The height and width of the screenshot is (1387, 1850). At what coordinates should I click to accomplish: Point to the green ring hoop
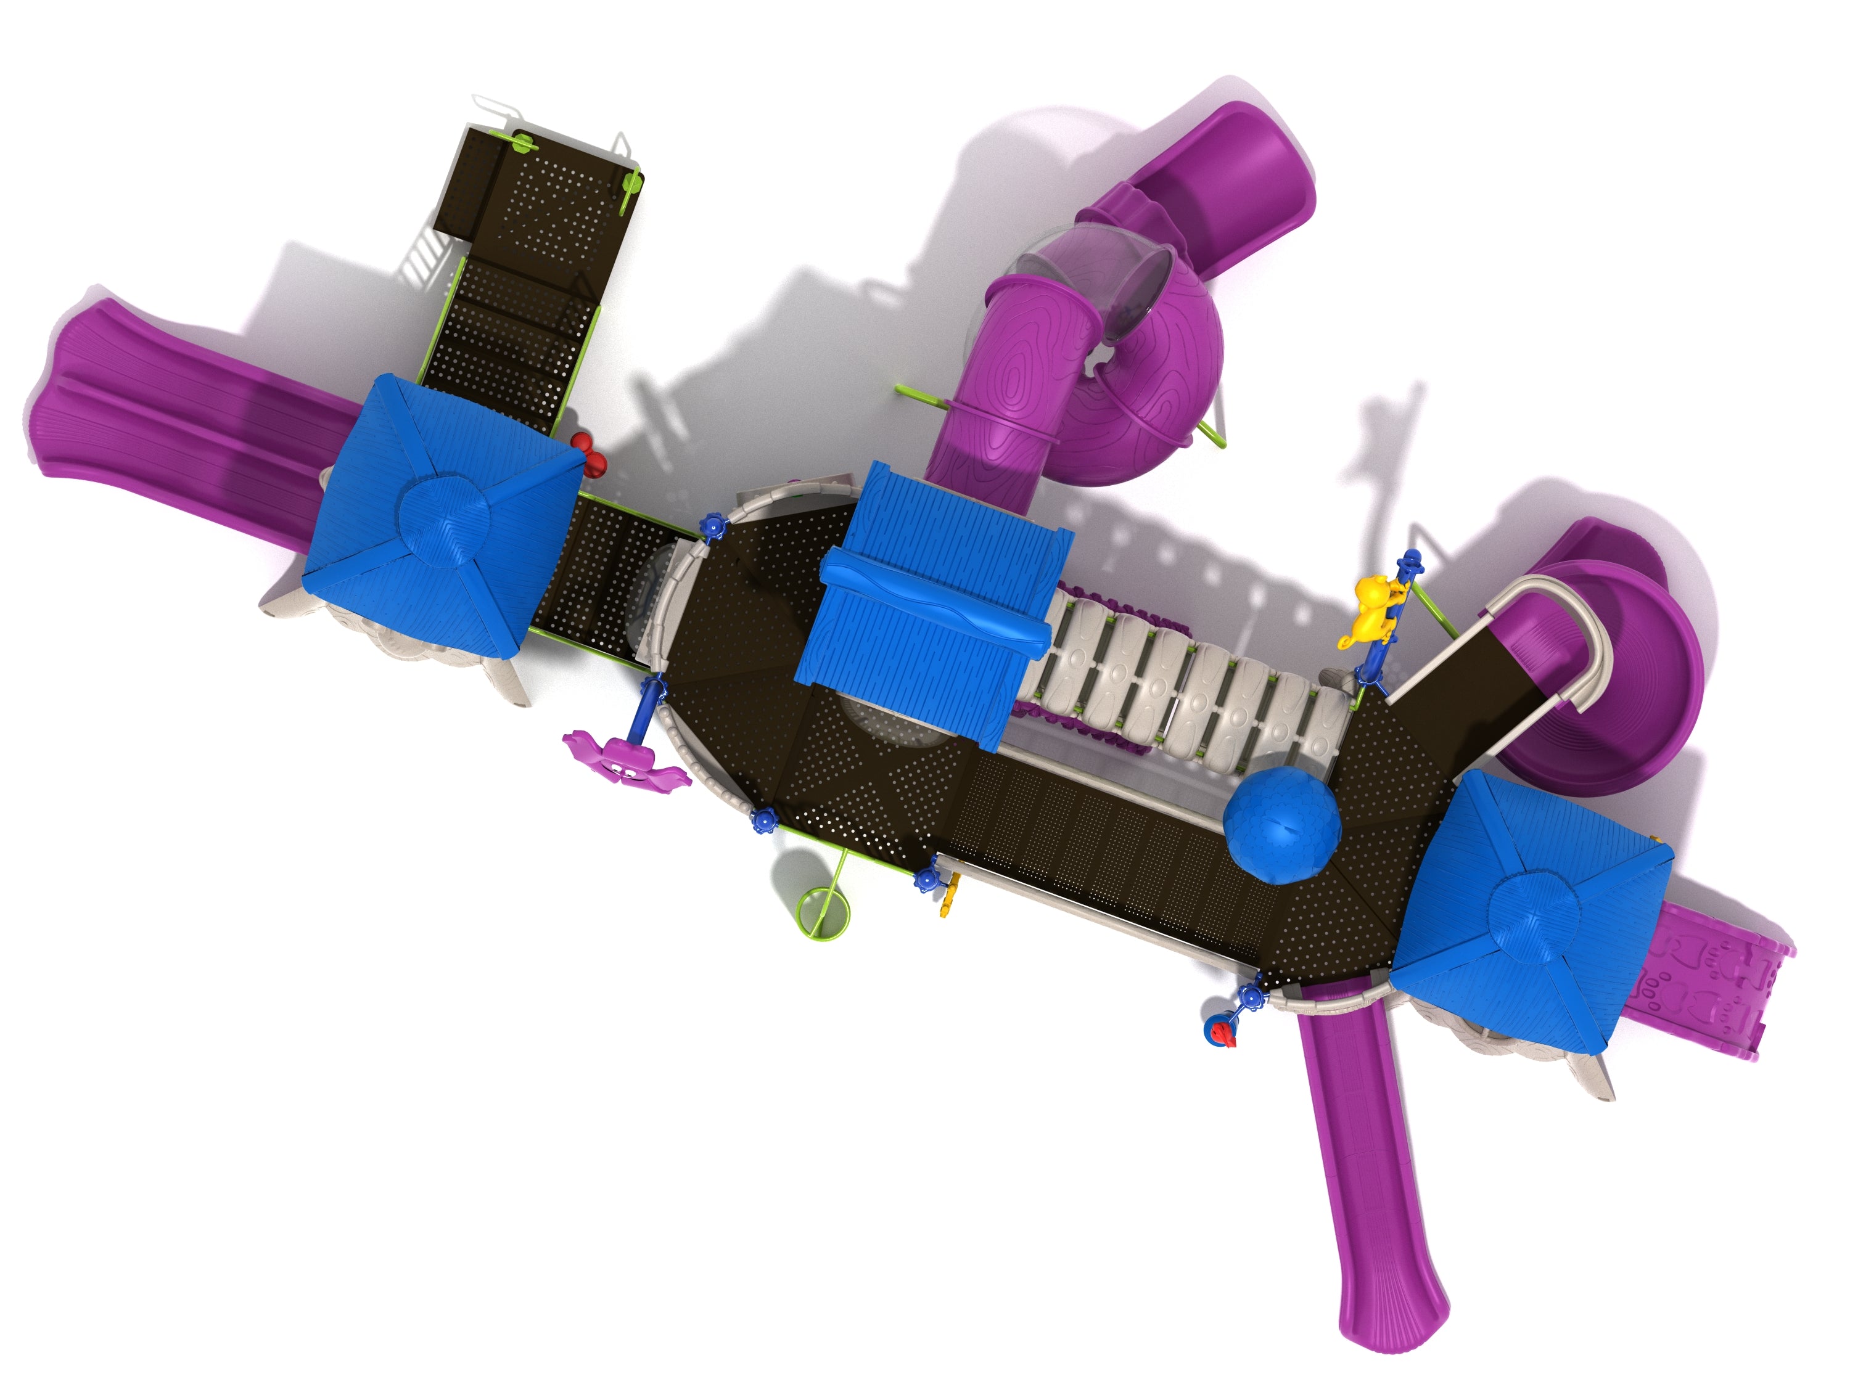tap(822, 911)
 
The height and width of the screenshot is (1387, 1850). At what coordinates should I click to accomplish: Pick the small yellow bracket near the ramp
tap(947, 906)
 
